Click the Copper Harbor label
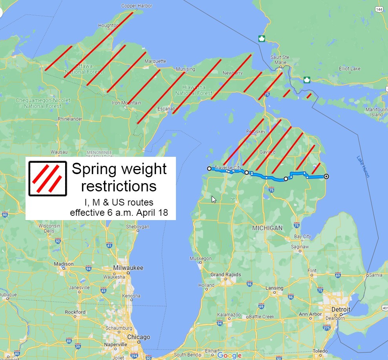point(137,6)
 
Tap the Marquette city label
point(155,61)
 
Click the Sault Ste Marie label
point(280,60)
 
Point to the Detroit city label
point(340,309)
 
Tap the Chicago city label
point(138,337)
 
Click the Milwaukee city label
point(128,268)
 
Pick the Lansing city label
point(274,288)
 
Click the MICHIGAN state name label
point(267,228)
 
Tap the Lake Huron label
point(363,166)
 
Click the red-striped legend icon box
point(48,178)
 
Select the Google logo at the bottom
point(229,355)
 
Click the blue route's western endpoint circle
point(209,169)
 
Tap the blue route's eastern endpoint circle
point(326,176)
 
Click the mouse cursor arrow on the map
point(214,199)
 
